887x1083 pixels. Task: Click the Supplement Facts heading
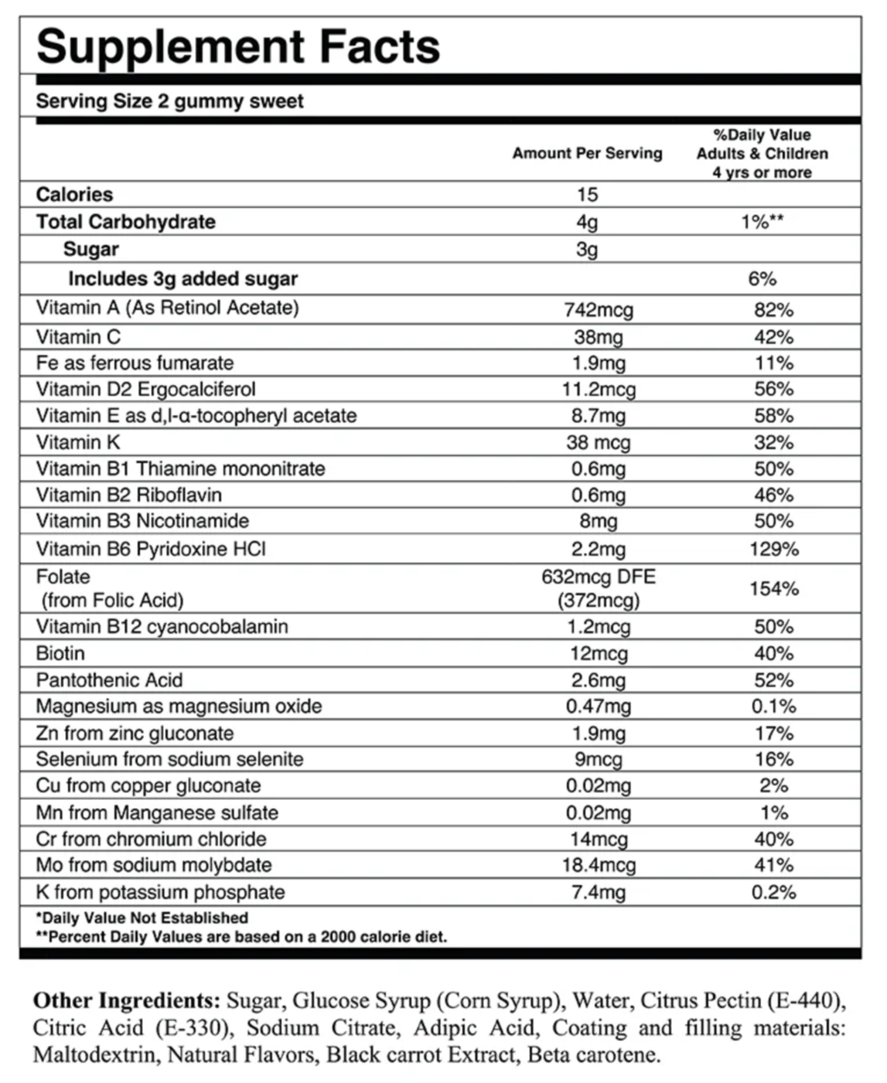(238, 46)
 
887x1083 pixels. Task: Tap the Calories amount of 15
(587, 194)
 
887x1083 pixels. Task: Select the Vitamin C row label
(78, 337)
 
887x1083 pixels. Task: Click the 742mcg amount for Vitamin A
(598, 310)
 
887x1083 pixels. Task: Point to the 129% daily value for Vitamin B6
(773, 550)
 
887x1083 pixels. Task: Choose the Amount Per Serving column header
(587, 153)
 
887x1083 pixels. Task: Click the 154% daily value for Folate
(773, 588)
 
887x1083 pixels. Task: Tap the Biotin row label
(60, 653)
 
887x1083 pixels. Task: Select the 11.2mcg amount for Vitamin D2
(598, 389)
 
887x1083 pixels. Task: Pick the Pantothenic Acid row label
(109, 680)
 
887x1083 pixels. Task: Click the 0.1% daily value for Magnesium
(773, 707)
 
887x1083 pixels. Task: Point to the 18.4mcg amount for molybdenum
(598, 865)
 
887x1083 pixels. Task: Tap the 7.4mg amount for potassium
(598, 892)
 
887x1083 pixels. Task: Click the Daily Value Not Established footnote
(142, 918)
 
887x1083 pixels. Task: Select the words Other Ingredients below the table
(127, 1001)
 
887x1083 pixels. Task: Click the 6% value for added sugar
(762, 279)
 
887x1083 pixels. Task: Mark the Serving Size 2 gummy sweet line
(169, 101)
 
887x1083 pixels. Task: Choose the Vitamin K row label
(78, 442)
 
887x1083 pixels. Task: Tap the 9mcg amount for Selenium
(598, 759)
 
